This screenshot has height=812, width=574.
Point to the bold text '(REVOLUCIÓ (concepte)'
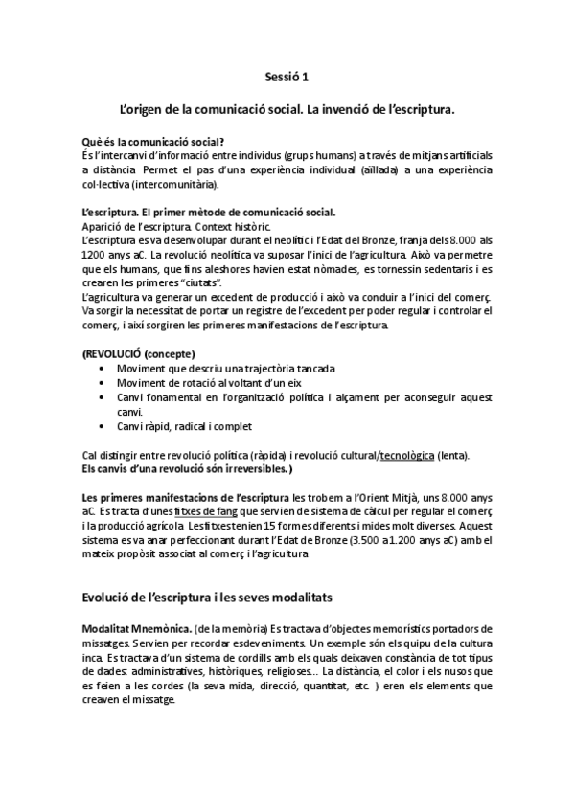139,353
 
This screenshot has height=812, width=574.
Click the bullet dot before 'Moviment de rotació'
103,382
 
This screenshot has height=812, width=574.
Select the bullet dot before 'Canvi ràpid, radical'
103,426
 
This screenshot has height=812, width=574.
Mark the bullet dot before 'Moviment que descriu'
103,368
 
